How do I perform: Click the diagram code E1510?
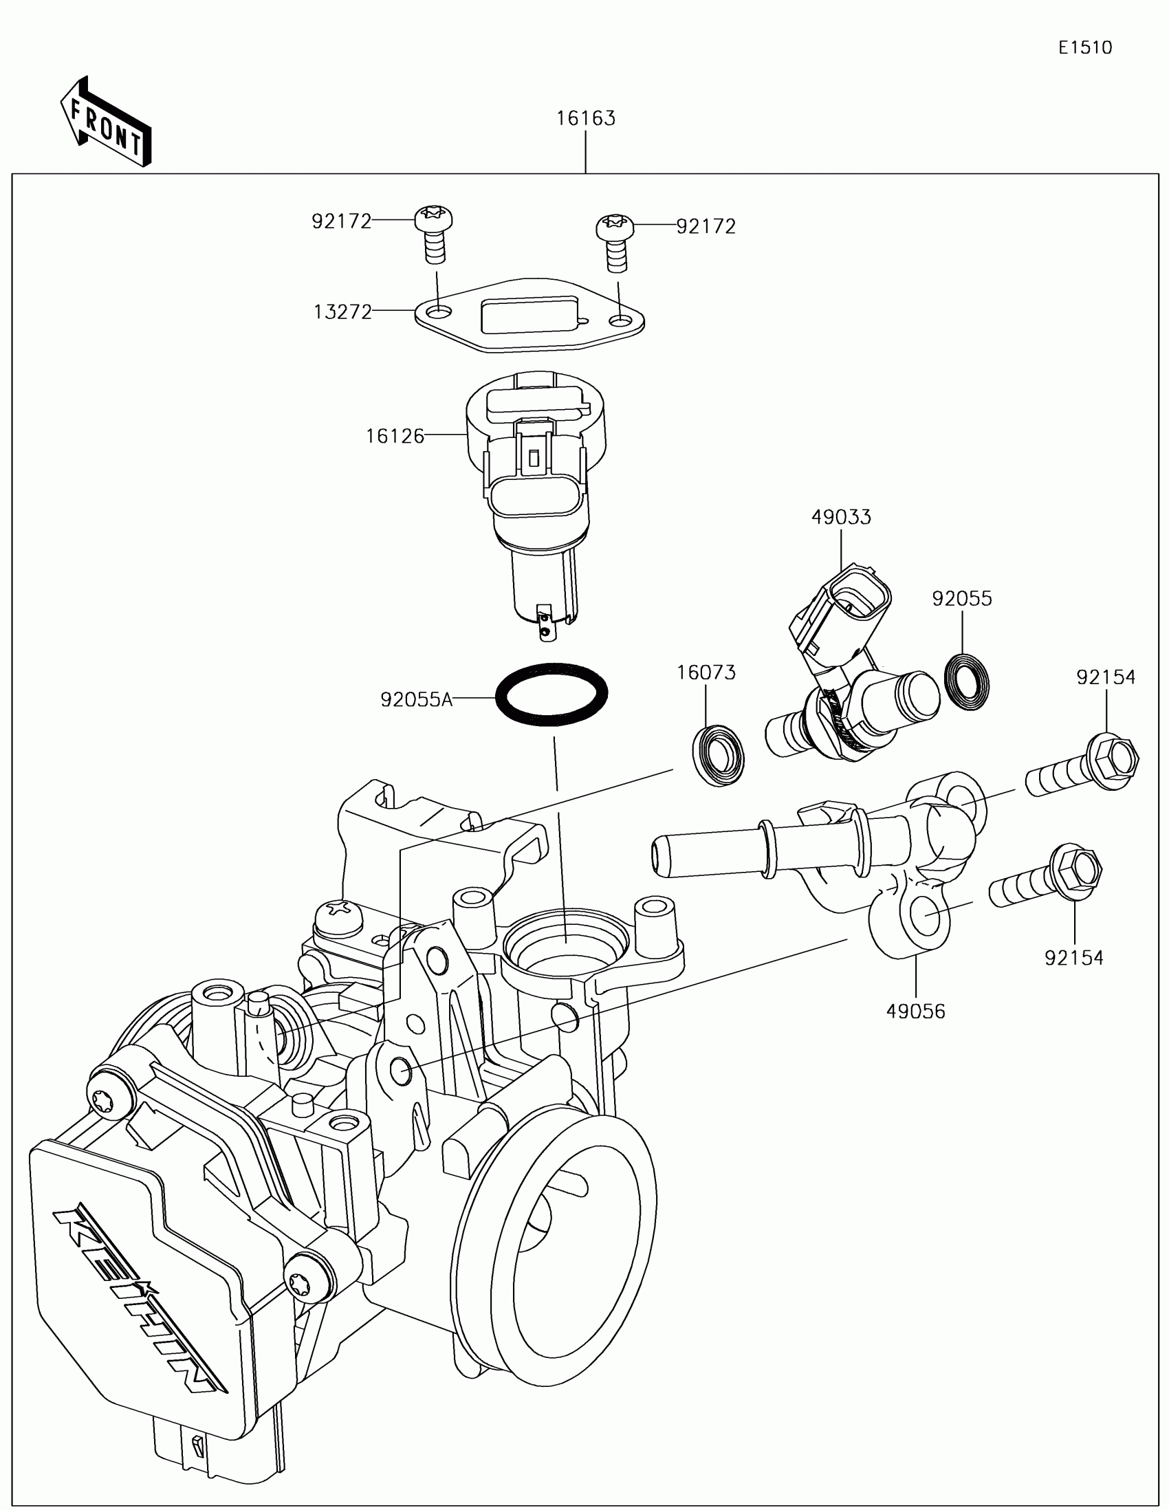[x=1085, y=47]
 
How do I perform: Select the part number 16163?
[x=586, y=118]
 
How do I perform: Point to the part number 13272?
[x=343, y=312]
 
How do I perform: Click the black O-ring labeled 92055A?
[x=551, y=694]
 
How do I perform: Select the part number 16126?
[x=395, y=435]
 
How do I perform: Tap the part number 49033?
[x=840, y=517]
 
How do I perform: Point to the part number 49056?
[x=915, y=1011]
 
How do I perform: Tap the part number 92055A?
[x=416, y=700]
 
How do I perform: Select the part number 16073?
[x=706, y=672]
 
